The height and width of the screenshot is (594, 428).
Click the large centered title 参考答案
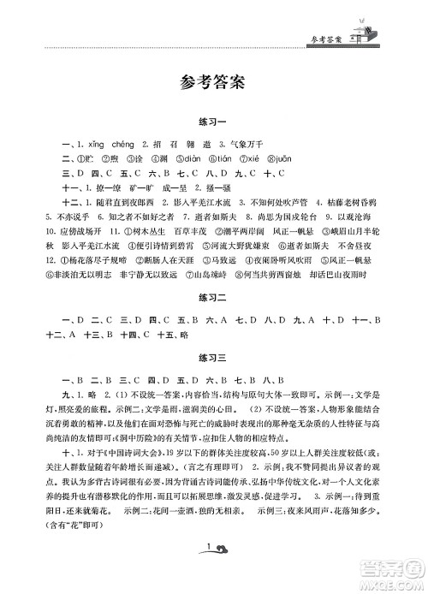pyautogui.click(x=213, y=83)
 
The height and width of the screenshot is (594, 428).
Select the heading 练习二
pyautogui.click(x=213, y=322)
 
